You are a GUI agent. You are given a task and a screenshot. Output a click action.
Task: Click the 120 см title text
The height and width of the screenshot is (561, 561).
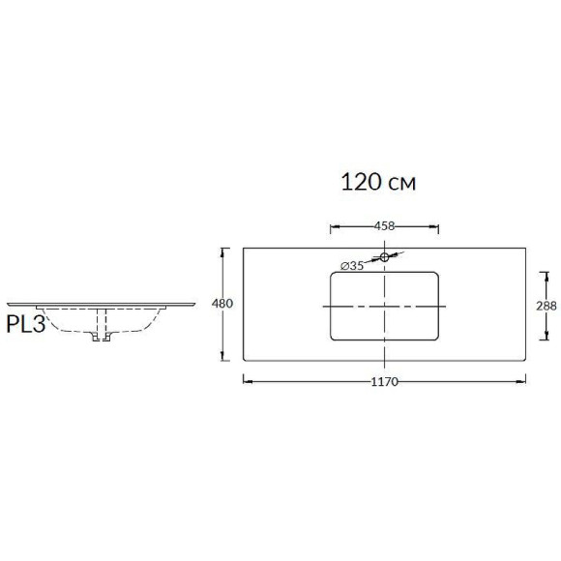click(378, 182)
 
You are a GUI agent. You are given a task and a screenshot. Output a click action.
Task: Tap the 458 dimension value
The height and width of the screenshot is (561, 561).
click(384, 226)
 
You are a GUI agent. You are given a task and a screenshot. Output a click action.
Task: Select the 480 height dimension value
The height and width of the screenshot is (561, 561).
click(222, 304)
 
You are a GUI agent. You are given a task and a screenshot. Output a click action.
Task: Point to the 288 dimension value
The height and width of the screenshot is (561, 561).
click(546, 306)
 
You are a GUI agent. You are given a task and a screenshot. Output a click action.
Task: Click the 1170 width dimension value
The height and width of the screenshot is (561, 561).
click(384, 382)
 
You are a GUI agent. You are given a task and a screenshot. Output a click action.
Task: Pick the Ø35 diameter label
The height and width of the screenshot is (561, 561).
click(352, 265)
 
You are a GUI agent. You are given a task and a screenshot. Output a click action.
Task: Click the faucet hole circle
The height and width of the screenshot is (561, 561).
click(384, 256)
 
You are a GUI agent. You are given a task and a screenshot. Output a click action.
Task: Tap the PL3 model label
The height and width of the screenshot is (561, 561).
click(26, 324)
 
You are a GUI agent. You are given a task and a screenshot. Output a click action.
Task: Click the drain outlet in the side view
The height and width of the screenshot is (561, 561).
click(102, 337)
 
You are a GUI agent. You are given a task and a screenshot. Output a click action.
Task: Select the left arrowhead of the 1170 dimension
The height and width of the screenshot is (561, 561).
click(248, 381)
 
